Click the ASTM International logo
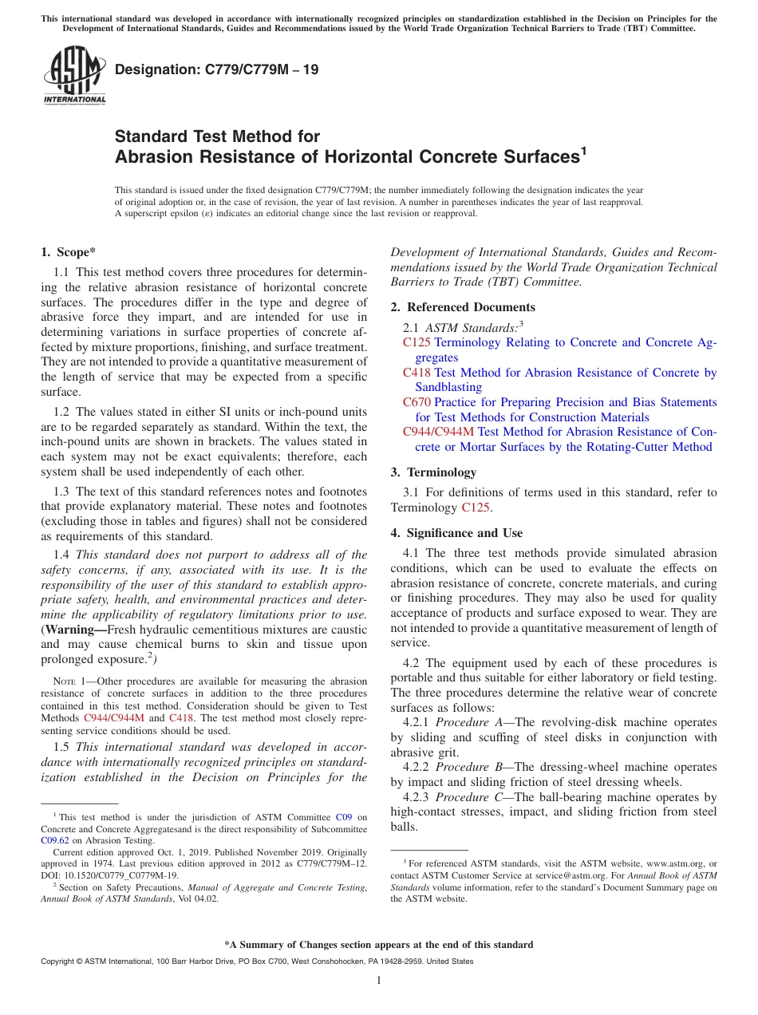(74, 76)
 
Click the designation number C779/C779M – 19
(216, 69)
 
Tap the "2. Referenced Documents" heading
(463, 307)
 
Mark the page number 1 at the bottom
(379, 980)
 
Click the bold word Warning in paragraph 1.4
(70, 630)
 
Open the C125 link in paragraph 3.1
(476, 507)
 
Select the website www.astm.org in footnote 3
(673, 863)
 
